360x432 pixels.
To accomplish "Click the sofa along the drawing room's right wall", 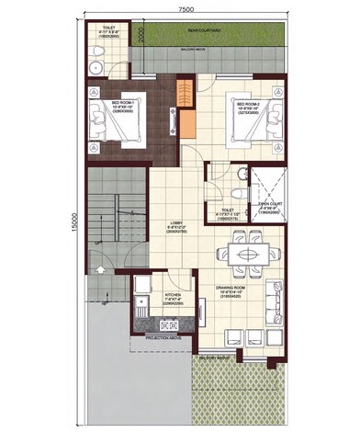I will (x=276, y=297).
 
